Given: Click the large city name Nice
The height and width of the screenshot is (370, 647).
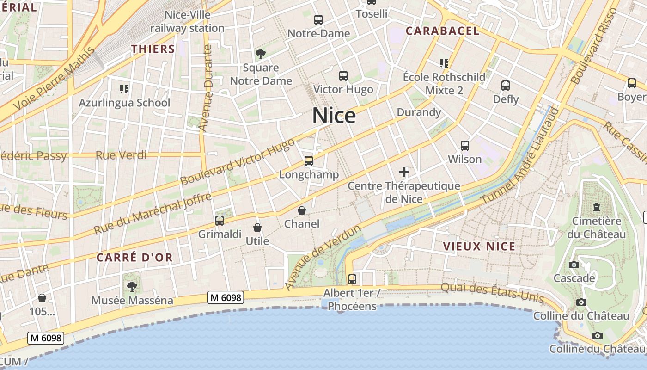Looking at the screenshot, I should tap(334, 116).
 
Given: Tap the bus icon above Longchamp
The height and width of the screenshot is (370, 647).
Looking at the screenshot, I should tap(308, 161).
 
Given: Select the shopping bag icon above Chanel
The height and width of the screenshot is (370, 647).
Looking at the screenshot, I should tap(302, 211).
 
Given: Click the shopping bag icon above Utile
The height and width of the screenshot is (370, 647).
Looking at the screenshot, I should tap(257, 228).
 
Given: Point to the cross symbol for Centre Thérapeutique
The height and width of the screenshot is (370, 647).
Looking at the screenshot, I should tap(404, 173).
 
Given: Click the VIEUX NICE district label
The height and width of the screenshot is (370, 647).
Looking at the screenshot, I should tap(479, 247).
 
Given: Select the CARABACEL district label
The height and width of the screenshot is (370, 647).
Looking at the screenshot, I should tap(442, 31).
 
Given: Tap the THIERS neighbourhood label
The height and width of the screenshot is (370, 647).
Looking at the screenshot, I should tap(153, 49).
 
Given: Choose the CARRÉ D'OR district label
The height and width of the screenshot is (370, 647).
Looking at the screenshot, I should tap(134, 258).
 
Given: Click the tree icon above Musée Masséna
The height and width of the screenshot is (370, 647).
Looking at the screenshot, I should tap(132, 287).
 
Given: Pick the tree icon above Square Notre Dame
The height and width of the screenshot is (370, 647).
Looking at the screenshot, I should tap(261, 54).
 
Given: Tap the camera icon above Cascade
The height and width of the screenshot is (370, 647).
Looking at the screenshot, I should tap(574, 265).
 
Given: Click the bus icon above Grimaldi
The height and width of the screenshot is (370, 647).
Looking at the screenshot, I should tap(220, 221).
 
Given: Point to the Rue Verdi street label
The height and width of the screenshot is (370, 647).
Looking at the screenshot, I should tap(121, 155).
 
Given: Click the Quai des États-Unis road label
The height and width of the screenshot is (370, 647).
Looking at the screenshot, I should tap(492, 292).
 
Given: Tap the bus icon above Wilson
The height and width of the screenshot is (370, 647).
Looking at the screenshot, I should tap(465, 146).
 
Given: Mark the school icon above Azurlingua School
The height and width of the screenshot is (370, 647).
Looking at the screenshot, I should tap(124, 89).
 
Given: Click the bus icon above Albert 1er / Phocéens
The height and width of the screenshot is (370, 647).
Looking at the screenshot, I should tap(352, 279).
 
